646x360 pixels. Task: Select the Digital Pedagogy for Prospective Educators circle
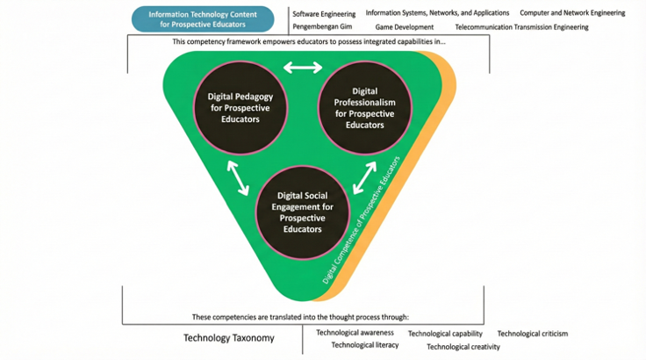click(x=240, y=108)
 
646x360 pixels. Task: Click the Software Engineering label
click(x=324, y=14)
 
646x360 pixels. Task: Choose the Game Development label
click(x=398, y=27)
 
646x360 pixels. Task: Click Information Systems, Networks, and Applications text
click(x=437, y=13)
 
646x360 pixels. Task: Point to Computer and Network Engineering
click(x=572, y=13)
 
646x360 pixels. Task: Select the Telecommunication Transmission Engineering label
click(x=521, y=27)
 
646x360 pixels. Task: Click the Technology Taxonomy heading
click(x=229, y=338)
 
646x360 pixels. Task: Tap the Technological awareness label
click(x=355, y=333)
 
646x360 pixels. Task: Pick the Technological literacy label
click(x=364, y=345)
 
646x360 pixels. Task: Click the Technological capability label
click(x=445, y=334)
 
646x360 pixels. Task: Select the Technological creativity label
click(x=463, y=347)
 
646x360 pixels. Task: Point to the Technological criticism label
click(x=532, y=334)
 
